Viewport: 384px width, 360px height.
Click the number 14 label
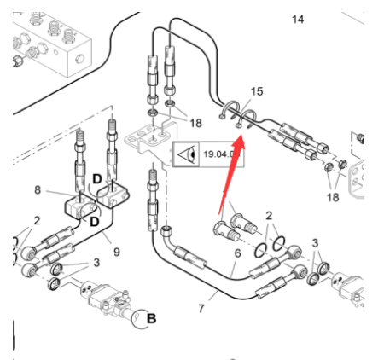(x=298, y=20)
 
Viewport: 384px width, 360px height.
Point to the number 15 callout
(x=257, y=91)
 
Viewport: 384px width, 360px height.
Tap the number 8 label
(x=38, y=189)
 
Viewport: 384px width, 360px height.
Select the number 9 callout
(x=117, y=252)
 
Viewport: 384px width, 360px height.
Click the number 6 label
(x=237, y=253)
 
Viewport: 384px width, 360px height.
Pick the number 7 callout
(x=201, y=309)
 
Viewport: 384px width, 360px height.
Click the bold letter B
(x=152, y=318)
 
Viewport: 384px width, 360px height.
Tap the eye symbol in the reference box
(x=188, y=154)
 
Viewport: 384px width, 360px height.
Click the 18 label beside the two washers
(x=195, y=123)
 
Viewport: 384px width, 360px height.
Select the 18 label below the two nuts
(x=333, y=197)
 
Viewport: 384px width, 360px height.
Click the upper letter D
(x=97, y=179)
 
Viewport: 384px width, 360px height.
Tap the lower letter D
(x=95, y=222)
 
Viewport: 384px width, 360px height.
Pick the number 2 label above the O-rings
(x=269, y=216)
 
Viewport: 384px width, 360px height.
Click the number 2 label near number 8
(x=37, y=220)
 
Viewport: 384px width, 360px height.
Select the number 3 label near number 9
(x=96, y=263)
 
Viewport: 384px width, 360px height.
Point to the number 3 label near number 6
(x=315, y=243)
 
